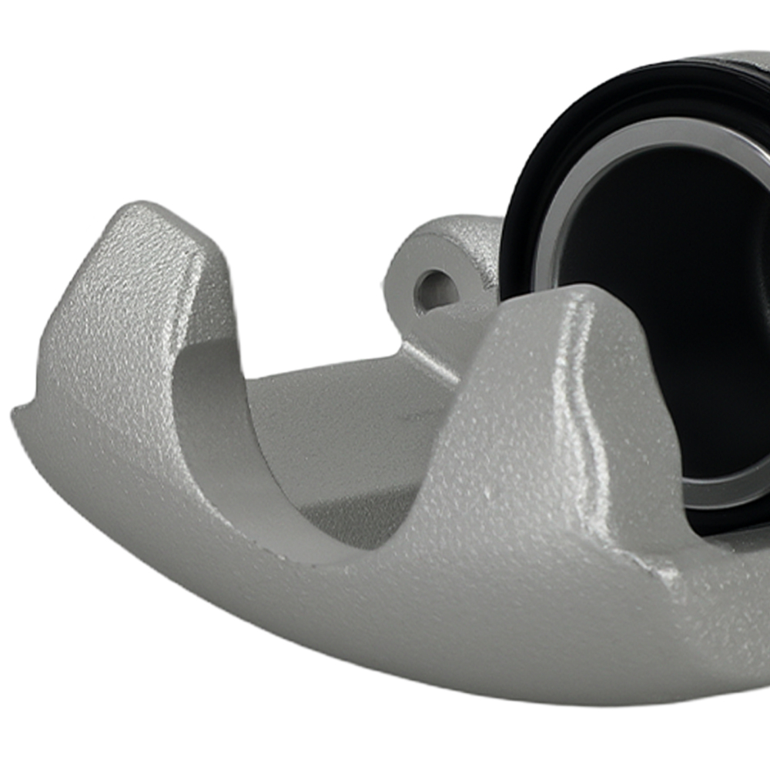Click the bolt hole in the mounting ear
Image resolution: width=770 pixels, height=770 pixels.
point(434,290)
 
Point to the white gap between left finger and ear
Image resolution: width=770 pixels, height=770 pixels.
point(308,293)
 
